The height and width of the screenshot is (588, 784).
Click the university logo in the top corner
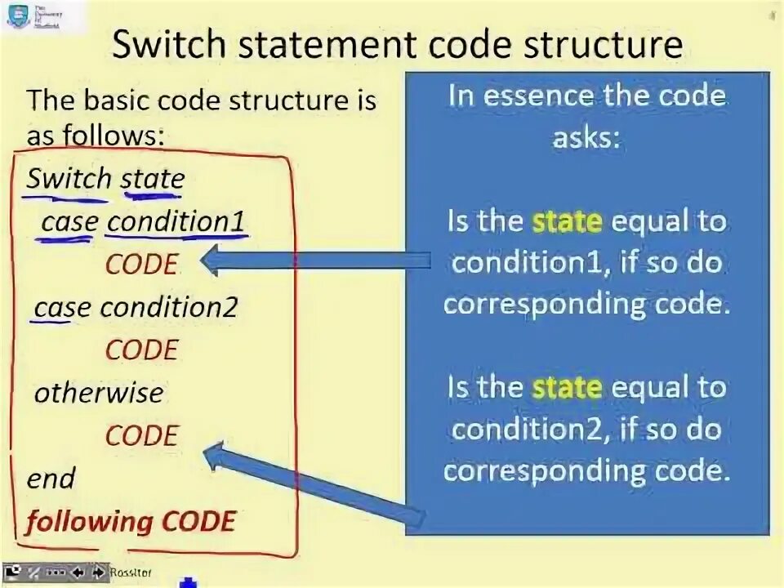(x=18, y=16)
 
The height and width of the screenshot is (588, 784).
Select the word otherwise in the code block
(x=98, y=393)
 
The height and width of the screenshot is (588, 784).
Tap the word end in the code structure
(x=51, y=478)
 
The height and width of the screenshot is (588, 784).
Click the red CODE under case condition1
(x=141, y=265)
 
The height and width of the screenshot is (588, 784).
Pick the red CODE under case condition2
(x=141, y=350)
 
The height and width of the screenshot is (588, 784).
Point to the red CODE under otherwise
(x=141, y=435)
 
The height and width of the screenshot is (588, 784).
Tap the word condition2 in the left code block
(x=168, y=308)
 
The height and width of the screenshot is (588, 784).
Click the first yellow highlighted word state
(x=567, y=221)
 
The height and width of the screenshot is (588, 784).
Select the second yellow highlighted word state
(x=567, y=386)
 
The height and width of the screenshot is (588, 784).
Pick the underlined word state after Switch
(x=153, y=179)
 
